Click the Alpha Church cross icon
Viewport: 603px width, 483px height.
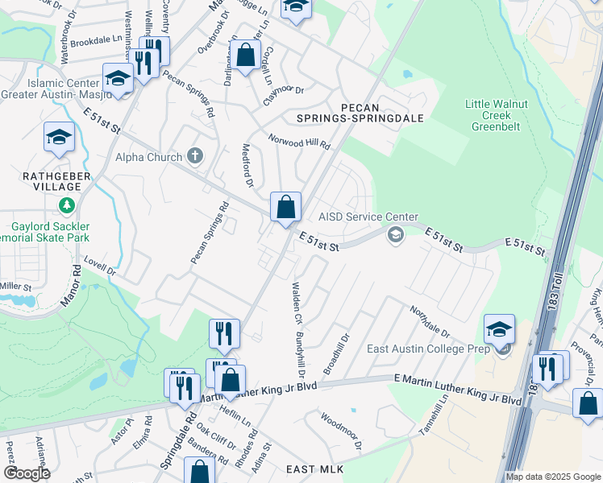point(194,156)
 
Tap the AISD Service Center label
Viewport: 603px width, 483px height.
point(368,217)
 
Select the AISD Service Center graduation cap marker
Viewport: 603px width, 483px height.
point(395,234)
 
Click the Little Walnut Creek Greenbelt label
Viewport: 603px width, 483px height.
point(497,115)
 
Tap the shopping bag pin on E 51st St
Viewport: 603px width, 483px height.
point(285,208)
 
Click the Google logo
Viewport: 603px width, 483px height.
point(27,473)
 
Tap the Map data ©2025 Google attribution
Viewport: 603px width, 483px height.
point(553,477)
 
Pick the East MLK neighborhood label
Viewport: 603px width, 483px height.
point(314,469)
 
